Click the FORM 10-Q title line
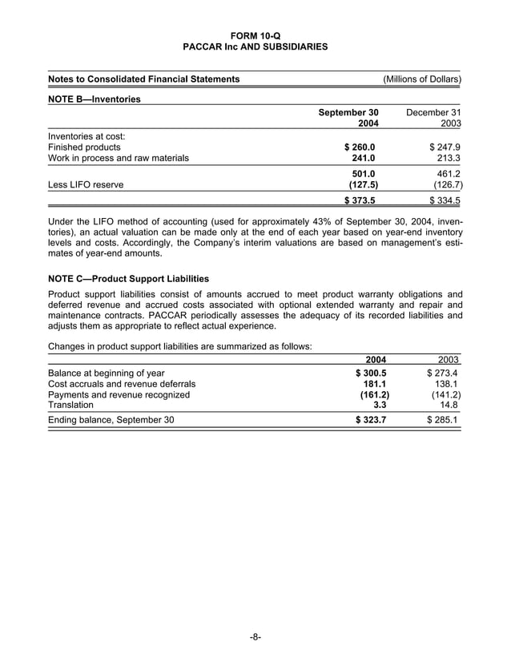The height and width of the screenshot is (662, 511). coord(255,35)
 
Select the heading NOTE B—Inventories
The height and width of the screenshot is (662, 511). coord(95,99)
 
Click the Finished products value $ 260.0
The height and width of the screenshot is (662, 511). coord(360,147)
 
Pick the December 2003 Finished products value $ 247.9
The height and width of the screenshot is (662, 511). coord(445,147)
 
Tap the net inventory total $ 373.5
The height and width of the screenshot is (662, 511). coord(360,201)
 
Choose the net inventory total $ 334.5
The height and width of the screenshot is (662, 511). coord(445,201)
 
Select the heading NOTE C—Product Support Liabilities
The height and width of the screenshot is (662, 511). coord(129,279)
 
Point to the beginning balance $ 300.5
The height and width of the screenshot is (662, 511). coord(371,373)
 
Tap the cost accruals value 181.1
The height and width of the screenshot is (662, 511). coord(376,384)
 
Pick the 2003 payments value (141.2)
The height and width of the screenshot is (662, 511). coord(445,394)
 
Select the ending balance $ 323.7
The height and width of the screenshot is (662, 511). coord(371,419)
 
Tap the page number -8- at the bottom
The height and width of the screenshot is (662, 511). coord(255,637)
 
